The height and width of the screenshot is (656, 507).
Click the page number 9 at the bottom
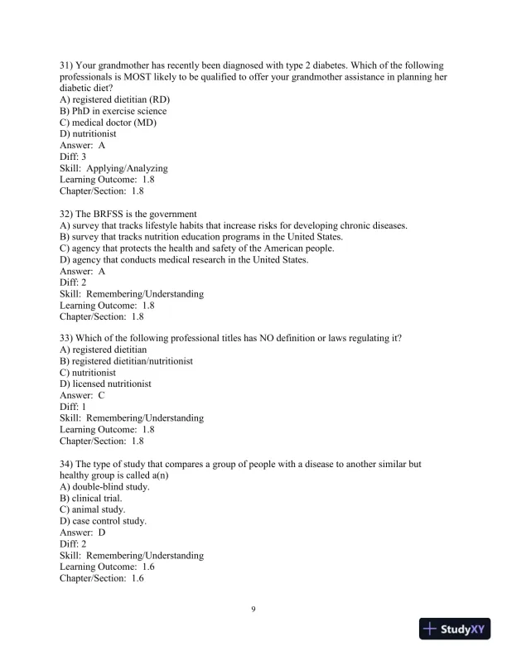click(x=254, y=610)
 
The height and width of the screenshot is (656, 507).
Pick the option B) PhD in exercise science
click(x=113, y=111)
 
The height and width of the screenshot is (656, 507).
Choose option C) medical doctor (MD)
click(x=108, y=123)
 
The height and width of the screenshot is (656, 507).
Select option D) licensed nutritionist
click(x=105, y=384)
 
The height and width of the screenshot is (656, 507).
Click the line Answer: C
click(x=82, y=396)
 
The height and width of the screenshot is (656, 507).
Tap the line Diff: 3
click(x=73, y=157)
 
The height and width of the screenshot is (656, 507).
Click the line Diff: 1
click(x=73, y=408)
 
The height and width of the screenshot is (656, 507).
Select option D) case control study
click(x=103, y=521)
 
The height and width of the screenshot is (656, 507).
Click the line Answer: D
click(x=82, y=533)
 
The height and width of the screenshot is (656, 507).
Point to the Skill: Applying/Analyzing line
click(x=113, y=168)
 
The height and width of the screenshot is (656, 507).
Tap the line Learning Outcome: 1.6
click(x=102, y=567)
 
